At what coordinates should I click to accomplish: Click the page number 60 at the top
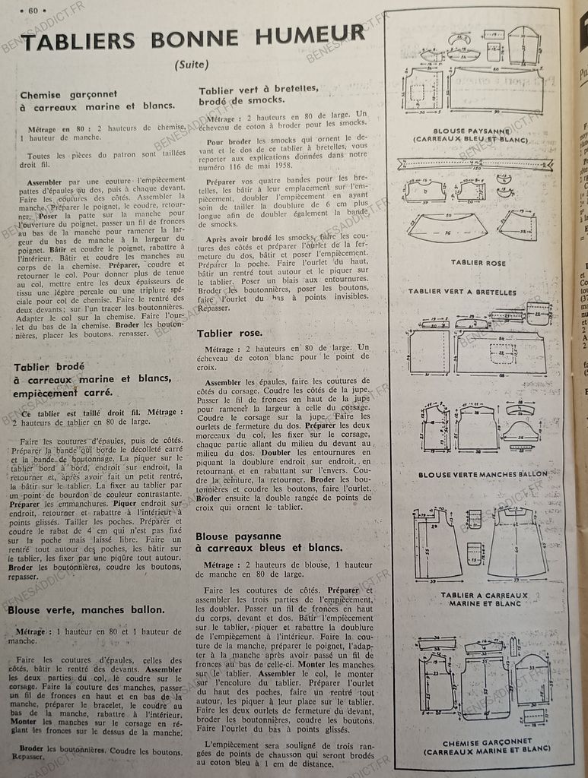tap(33, 10)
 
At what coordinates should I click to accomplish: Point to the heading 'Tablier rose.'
tap(230, 333)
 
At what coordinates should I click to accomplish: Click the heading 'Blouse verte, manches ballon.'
tap(87, 610)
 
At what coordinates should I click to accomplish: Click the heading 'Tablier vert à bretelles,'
tap(259, 88)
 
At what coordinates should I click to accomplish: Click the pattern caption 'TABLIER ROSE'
tap(478, 262)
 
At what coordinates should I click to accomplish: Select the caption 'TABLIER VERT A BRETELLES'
tap(462, 292)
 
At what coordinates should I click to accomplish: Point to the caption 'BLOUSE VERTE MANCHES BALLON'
tap(482, 474)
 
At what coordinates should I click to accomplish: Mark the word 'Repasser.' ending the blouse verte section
tap(29, 757)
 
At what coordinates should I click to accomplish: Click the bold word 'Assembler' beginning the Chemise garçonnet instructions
tap(43, 183)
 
